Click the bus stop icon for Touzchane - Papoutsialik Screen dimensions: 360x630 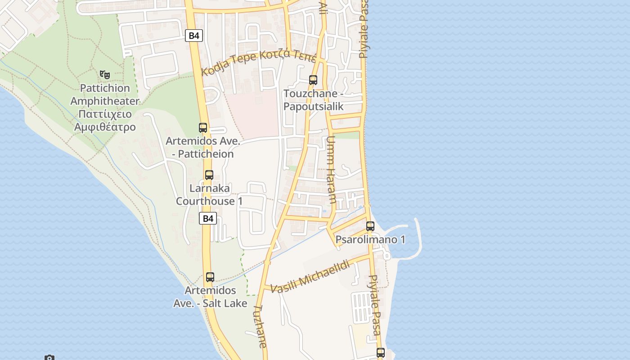pyautogui.click(x=313, y=80)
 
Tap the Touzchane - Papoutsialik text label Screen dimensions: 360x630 pyautogui.click(x=313, y=100)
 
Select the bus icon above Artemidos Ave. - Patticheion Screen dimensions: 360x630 pyautogui.click(x=203, y=128)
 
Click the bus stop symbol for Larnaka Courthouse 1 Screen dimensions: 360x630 pyautogui.click(x=209, y=175)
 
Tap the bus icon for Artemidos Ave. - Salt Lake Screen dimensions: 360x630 pyautogui.click(x=210, y=277)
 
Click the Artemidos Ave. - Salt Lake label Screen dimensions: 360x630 pyautogui.click(x=210, y=297)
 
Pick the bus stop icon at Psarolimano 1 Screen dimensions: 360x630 pyautogui.click(x=370, y=226)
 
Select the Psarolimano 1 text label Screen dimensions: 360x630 pyautogui.click(x=370, y=239)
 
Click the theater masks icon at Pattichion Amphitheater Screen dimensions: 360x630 pyautogui.click(x=105, y=74)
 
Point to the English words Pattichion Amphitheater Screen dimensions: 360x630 pyautogui.click(x=105, y=94)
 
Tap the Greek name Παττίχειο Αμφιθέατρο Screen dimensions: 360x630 pyautogui.click(x=105, y=120)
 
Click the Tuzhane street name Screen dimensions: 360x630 pyautogui.click(x=260, y=326)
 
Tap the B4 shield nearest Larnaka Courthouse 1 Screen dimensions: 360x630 pyautogui.click(x=208, y=219)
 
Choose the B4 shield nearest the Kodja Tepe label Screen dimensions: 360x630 pyautogui.click(x=194, y=36)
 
